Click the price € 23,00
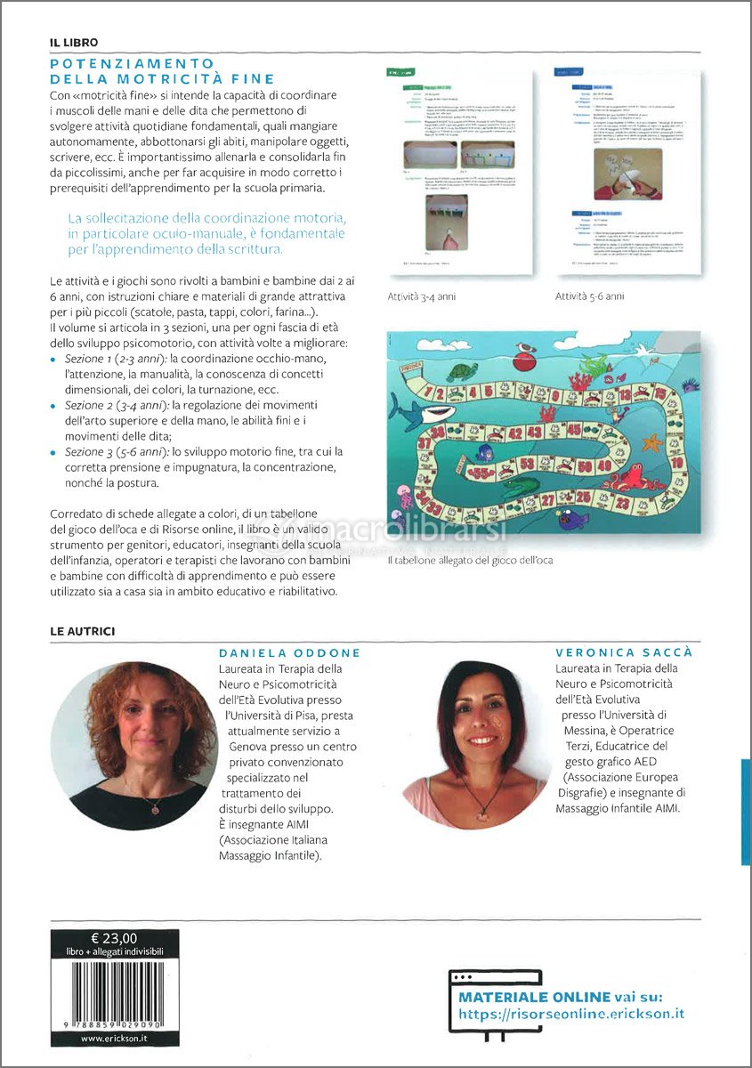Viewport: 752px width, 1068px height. [x=114, y=937]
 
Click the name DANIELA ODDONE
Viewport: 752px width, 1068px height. [x=290, y=652]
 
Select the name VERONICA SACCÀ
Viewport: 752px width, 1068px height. [x=623, y=652]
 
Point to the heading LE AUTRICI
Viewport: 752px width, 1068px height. [x=82, y=631]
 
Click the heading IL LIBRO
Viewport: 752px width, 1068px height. [x=74, y=42]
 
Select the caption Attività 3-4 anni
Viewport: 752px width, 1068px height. [x=421, y=296]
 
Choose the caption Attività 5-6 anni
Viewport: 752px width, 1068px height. [x=589, y=296]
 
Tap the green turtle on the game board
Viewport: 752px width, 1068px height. [x=462, y=372]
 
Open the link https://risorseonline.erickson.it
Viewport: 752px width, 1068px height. [x=571, y=1014]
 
